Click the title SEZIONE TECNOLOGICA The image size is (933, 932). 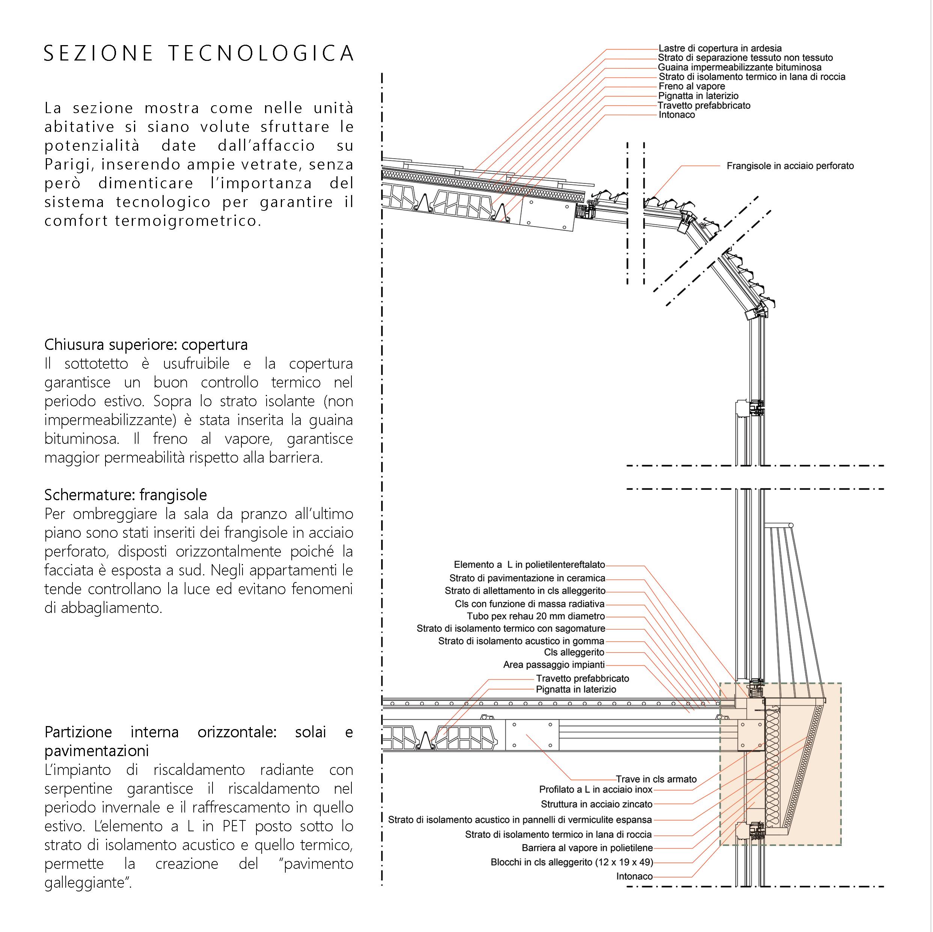pyautogui.click(x=199, y=53)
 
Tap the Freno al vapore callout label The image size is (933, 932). pyautogui.click(x=692, y=86)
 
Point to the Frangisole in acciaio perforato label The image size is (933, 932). pyautogui.click(x=790, y=166)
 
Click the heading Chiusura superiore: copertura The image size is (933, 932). pyautogui.click(x=146, y=345)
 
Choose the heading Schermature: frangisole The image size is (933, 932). pyautogui.click(x=125, y=495)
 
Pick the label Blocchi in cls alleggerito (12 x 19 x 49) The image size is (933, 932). pyautogui.click(x=572, y=862)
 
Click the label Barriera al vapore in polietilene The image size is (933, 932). pyautogui.click(x=587, y=848)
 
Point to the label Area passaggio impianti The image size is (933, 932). pyautogui.click(x=554, y=665)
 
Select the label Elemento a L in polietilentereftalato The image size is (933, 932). pyautogui.click(x=529, y=564)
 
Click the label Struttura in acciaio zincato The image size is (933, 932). pyautogui.click(x=596, y=804)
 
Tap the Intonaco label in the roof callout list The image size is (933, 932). pyautogui.click(x=677, y=115)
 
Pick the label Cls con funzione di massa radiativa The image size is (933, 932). pyautogui.click(x=529, y=604)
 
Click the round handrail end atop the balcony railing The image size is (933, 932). pyautogui.click(x=791, y=525)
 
